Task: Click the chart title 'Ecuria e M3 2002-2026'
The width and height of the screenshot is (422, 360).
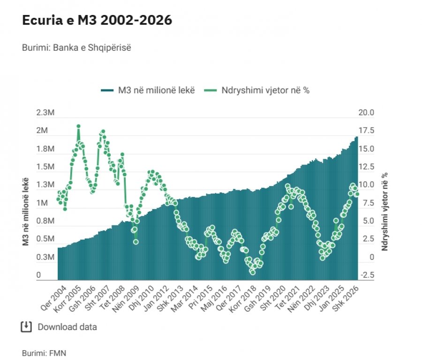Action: point(97,20)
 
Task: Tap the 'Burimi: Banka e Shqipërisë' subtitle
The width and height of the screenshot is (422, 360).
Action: point(76,48)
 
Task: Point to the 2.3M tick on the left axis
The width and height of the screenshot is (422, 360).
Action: point(45,112)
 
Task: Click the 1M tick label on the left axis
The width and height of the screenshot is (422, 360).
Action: point(42,203)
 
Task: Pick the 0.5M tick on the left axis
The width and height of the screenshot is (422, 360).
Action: point(45,239)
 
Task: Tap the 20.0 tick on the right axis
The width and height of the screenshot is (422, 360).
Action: point(366,112)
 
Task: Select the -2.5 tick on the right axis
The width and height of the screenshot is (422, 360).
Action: point(367,275)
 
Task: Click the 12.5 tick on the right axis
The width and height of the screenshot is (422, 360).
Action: point(366,167)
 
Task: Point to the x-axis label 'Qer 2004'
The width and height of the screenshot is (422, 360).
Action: point(53,298)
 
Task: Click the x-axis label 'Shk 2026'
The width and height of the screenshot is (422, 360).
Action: point(346,298)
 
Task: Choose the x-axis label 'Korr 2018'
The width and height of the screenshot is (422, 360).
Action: point(243,299)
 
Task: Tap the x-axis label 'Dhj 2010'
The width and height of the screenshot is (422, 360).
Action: point(141,299)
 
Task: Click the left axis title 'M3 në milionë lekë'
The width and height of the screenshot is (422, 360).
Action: point(26,211)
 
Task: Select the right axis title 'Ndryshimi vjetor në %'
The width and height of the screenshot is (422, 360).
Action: point(384,211)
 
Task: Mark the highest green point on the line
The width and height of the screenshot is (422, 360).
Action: point(79,126)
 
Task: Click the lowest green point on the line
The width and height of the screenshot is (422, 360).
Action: point(253,272)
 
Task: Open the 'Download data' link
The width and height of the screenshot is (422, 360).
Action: point(59,327)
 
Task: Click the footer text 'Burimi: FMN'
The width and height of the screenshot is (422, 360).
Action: point(44,353)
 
